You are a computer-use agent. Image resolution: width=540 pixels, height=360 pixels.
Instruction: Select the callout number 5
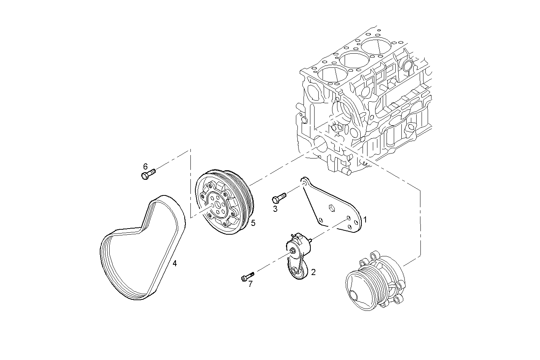pyautogui.click(x=253, y=222)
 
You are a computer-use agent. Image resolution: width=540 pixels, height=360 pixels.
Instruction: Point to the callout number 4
pyautogui.click(x=174, y=263)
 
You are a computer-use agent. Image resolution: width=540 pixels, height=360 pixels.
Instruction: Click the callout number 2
pyautogui.click(x=313, y=272)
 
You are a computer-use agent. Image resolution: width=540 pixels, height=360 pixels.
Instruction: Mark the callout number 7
pyautogui.click(x=250, y=284)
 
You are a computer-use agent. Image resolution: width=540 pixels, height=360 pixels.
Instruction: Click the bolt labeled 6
pyautogui.click(x=148, y=174)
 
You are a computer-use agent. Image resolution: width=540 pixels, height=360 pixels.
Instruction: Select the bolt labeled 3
pyautogui.click(x=278, y=198)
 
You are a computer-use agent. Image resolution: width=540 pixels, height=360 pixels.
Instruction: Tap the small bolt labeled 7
pyautogui.click(x=247, y=277)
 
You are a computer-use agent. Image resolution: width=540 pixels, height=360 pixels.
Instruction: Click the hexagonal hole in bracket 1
pyautogui.click(x=331, y=208)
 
